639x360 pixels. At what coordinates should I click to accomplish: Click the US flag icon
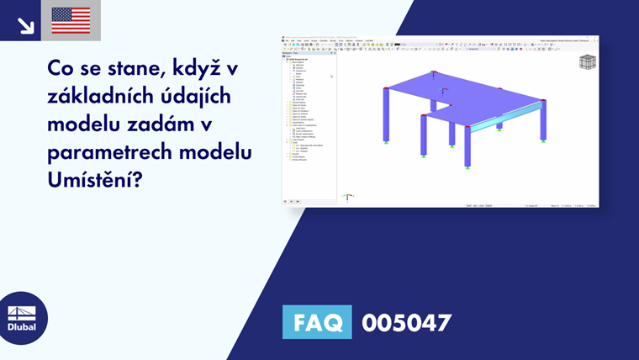[71, 20]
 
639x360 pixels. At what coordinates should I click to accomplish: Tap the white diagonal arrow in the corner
[25, 24]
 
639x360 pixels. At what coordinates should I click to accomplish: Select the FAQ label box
[317, 322]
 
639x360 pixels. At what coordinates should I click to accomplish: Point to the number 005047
[406, 322]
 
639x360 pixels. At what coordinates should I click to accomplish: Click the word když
[185, 67]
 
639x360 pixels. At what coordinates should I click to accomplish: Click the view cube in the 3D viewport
[588, 62]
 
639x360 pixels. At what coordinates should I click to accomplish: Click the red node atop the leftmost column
[386, 87]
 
